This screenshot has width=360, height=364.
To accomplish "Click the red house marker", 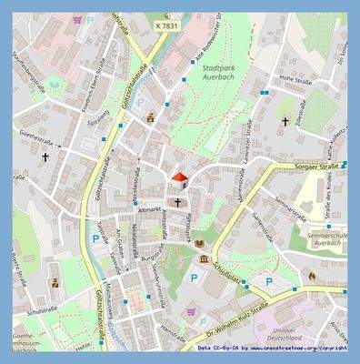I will pos(180,177).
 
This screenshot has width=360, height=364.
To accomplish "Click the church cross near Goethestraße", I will pos(45,157).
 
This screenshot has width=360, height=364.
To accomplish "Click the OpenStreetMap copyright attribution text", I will pos(272,348).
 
